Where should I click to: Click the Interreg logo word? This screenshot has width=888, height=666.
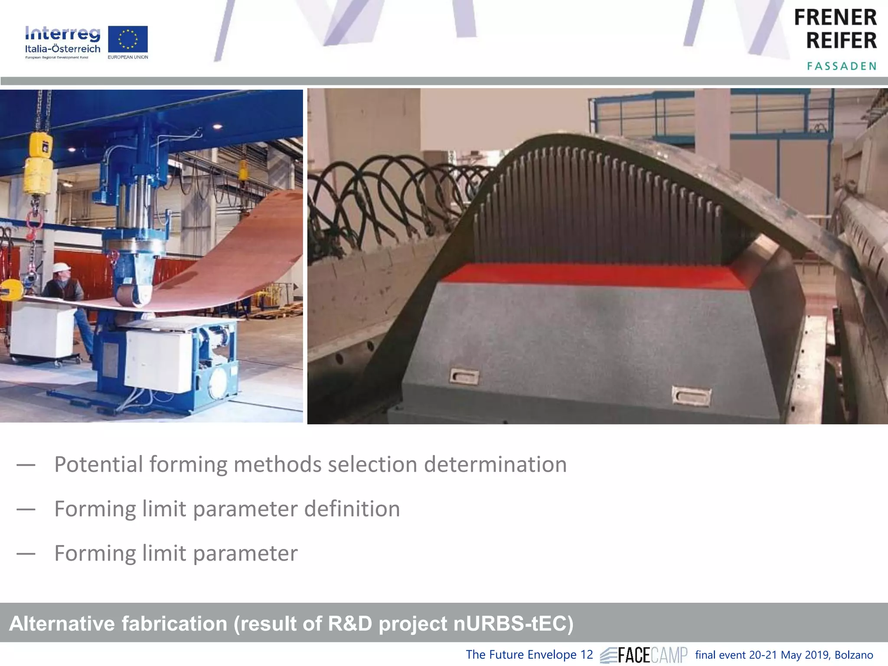coord(62,34)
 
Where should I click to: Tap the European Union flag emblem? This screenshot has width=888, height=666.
coord(128,39)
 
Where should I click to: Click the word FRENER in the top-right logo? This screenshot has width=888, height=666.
coord(835,18)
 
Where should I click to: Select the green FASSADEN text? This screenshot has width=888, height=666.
coord(842,66)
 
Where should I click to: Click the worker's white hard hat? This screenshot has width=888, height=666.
coord(61,267)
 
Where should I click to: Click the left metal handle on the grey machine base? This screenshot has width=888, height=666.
coord(464,376)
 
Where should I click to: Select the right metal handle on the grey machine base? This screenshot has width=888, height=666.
coord(691,395)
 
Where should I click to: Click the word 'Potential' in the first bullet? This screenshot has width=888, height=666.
coord(98,465)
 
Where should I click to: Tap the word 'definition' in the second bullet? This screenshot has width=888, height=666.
coord(352,509)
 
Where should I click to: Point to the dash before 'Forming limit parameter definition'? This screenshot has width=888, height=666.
coord(26,509)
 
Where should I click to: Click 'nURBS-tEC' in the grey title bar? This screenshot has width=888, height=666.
coord(513,624)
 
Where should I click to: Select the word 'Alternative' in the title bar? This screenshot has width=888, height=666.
coord(62,624)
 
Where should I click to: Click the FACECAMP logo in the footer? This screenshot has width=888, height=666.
coord(644,655)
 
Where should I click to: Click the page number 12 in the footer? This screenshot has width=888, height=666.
coord(586,655)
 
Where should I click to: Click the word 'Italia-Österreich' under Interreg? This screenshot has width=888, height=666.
coord(62,49)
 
